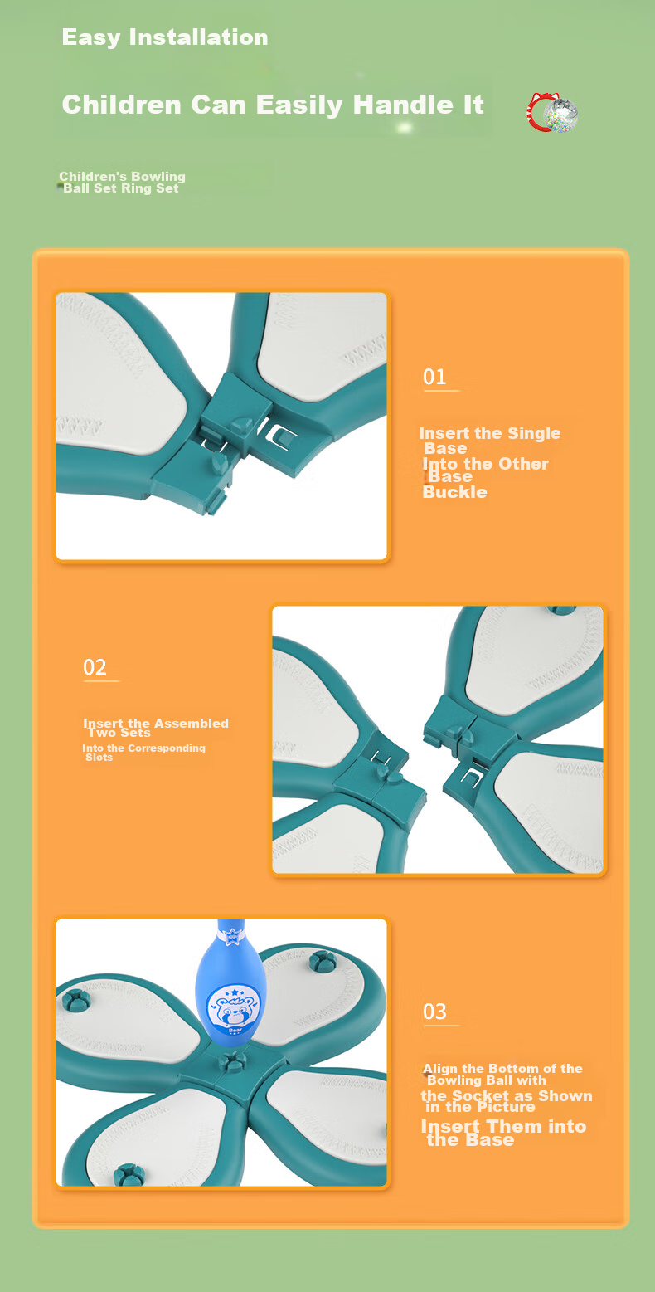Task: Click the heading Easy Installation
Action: [165, 37]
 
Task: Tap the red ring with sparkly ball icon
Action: [552, 113]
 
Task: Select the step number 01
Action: [434, 378]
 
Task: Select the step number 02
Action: [95, 667]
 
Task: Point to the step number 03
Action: [434, 1012]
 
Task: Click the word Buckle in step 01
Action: [454, 492]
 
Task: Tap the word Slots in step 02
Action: [99, 758]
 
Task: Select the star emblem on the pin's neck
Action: [231, 935]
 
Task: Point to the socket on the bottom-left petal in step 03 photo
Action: [129, 1174]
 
